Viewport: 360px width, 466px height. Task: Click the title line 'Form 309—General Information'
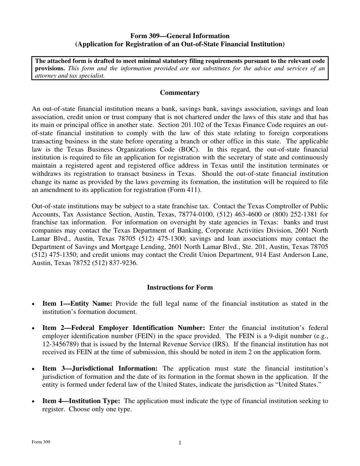[x=180, y=36]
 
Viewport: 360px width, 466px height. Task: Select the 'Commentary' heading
[x=180, y=93]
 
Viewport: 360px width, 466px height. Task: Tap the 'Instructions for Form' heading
[x=180, y=288]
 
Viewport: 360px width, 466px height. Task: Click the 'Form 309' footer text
[x=41, y=442]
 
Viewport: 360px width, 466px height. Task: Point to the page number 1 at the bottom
[x=180, y=443]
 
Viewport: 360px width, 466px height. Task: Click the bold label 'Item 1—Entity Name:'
[x=77, y=303]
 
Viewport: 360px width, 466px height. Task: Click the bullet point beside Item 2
[x=34, y=328]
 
